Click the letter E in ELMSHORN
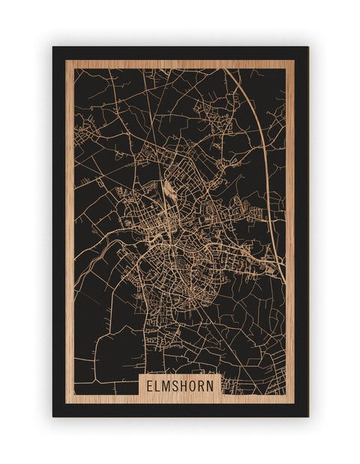[151, 386]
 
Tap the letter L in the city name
[159, 386]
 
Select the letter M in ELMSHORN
[168, 386]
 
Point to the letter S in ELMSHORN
[178, 386]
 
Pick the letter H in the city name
[186, 386]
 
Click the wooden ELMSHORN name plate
[181, 386]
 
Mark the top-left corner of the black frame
[53, 47]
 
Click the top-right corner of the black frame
[308, 47]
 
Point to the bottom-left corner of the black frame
[53, 417]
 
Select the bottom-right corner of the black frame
[308, 417]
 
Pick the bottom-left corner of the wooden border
[66, 403]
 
